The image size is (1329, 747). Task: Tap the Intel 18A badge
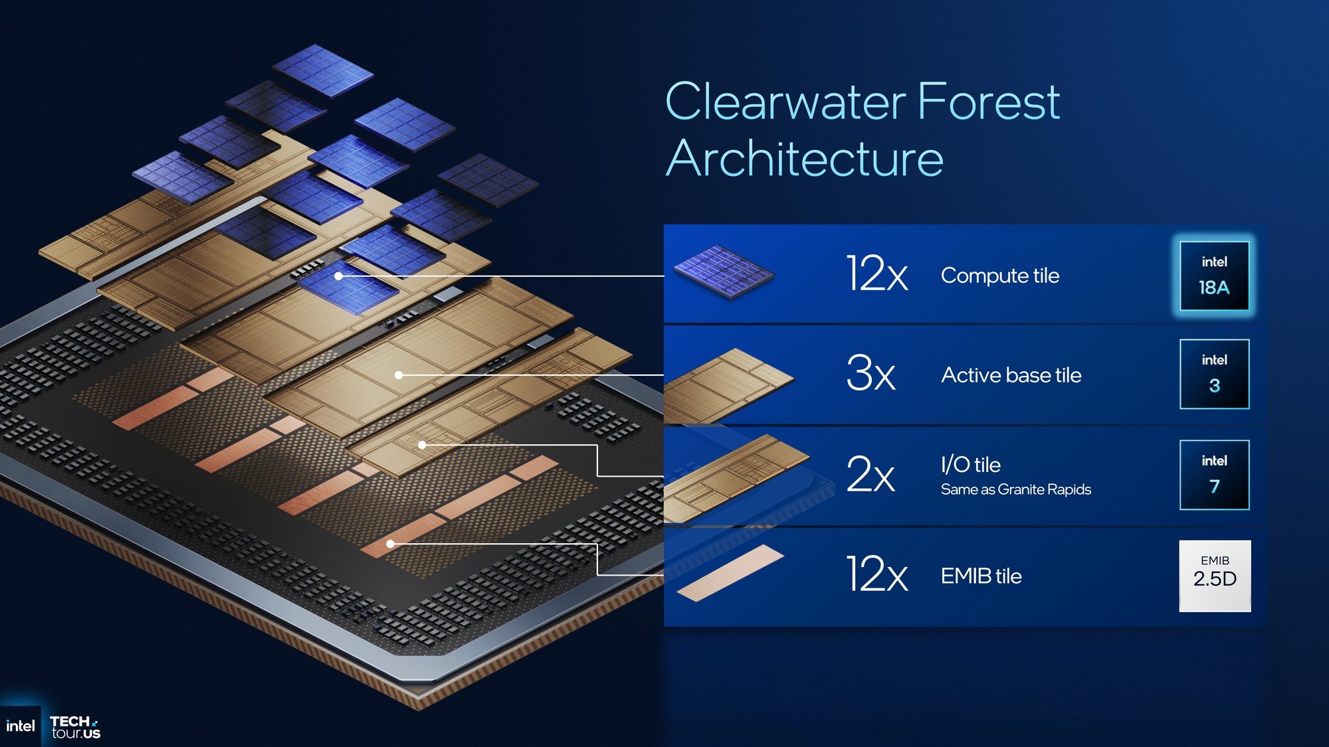click(1214, 276)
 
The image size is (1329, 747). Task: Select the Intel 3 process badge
click(1214, 374)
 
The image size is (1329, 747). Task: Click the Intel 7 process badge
click(1214, 475)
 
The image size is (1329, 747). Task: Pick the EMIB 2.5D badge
click(1215, 575)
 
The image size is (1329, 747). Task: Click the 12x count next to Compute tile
click(876, 274)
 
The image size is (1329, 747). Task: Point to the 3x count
click(870, 374)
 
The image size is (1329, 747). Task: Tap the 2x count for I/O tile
click(870, 475)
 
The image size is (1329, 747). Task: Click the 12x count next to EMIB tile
click(876, 575)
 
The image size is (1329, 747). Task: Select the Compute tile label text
click(999, 276)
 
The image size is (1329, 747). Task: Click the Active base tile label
click(1011, 375)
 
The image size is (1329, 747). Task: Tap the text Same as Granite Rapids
click(1015, 490)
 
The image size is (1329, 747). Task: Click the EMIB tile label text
click(981, 576)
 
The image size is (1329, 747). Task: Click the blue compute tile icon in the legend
click(723, 272)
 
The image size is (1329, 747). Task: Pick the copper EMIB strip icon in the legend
click(730, 573)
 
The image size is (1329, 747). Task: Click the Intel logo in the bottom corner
click(20, 726)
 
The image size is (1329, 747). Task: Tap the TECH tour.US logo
click(75, 727)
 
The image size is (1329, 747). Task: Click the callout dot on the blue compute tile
click(338, 276)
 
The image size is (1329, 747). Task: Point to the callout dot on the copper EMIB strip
click(391, 544)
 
